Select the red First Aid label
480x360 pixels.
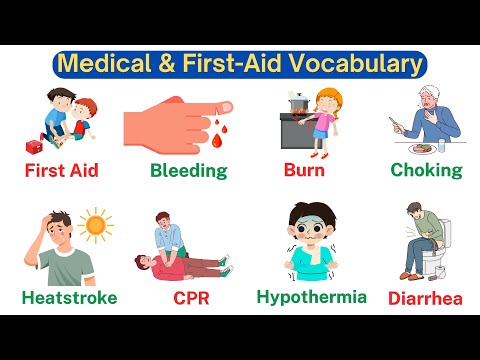[61, 170]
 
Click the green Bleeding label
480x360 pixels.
[188, 170]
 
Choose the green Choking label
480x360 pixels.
[426, 170]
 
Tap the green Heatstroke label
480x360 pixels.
[69, 298]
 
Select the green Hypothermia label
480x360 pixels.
[311, 296]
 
